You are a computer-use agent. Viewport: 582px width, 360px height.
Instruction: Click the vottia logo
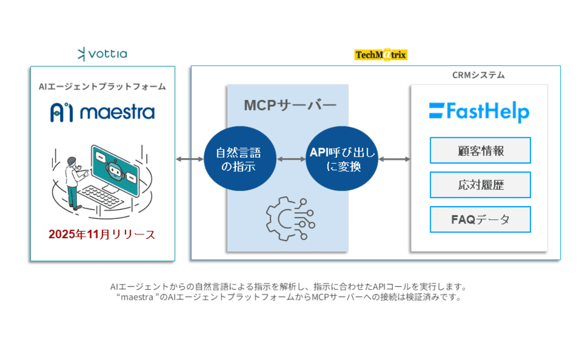pyautogui.click(x=102, y=54)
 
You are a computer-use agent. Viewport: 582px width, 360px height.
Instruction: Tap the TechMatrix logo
pyautogui.click(x=381, y=55)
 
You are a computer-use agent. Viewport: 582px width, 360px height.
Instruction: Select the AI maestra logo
pyautogui.click(x=103, y=112)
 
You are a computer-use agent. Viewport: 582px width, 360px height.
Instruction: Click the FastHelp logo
pyautogui.click(x=479, y=112)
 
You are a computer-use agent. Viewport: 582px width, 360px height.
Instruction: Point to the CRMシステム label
pyautogui.click(x=478, y=75)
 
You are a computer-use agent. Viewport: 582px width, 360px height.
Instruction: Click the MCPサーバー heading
pyautogui.click(x=290, y=105)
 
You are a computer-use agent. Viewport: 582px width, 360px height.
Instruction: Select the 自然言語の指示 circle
pyautogui.click(x=240, y=159)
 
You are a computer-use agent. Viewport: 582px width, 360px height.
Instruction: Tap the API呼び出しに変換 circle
pyautogui.click(x=342, y=159)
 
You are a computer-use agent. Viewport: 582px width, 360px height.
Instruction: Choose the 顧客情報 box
pyautogui.click(x=480, y=150)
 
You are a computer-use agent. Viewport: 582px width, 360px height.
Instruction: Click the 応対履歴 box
pyautogui.click(x=480, y=185)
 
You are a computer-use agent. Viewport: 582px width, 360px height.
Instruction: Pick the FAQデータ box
pyautogui.click(x=480, y=219)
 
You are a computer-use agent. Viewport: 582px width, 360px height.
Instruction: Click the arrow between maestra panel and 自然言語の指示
pyautogui.click(x=190, y=159)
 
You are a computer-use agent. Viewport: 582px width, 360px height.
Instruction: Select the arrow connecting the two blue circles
pyautogui.click(x=291, y=159)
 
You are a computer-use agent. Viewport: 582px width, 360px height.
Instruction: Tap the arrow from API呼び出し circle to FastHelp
pyautogui.click(x=394, y=159)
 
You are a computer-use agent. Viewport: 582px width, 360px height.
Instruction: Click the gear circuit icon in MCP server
pyautogui.click(x=291, y=219)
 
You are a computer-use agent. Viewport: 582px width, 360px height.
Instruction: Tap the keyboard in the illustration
pyautogui.click(x=100, y=196)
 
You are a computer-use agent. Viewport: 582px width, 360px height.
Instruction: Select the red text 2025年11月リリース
pyautogui.click(x=102, y=234)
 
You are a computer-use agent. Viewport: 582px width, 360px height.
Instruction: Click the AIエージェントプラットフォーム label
pyautogui.click(x=102, y=86)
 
